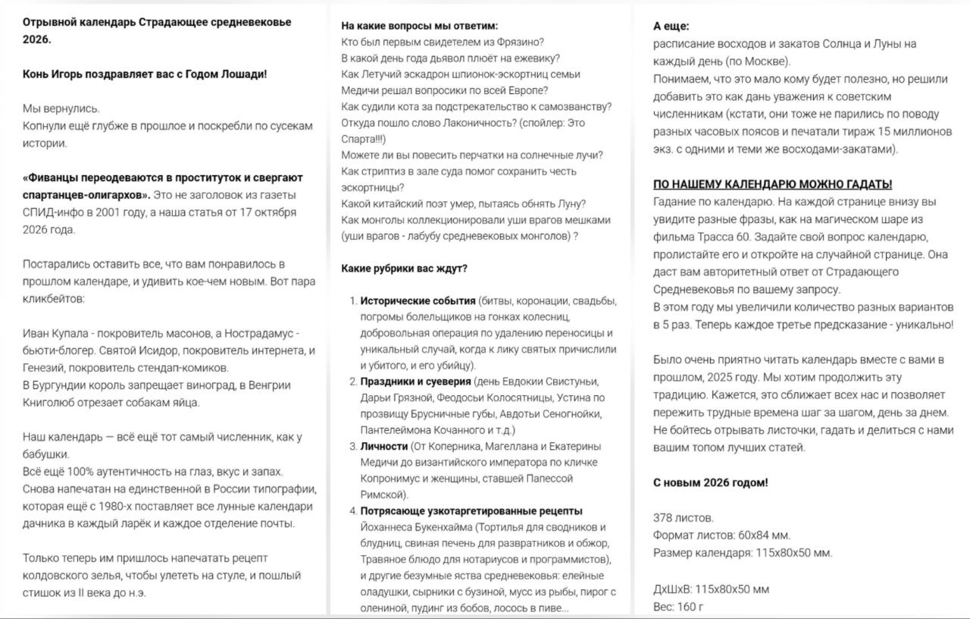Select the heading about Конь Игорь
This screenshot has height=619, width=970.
point(145,74)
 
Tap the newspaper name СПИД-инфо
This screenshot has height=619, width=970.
point(50,212)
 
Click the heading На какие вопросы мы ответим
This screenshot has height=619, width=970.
point(419,26)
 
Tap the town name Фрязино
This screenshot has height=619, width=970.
point(522,42)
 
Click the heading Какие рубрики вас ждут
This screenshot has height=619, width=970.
point(404,269)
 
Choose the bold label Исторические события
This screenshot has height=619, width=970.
point(418,300)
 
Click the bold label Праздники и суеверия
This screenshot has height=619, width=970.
point(415,381)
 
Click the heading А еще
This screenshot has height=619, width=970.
point(671,26)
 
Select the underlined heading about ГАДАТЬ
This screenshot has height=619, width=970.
point(772,184)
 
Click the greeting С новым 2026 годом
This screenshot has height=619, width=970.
point(710,482)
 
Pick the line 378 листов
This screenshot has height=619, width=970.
point(683,518)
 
